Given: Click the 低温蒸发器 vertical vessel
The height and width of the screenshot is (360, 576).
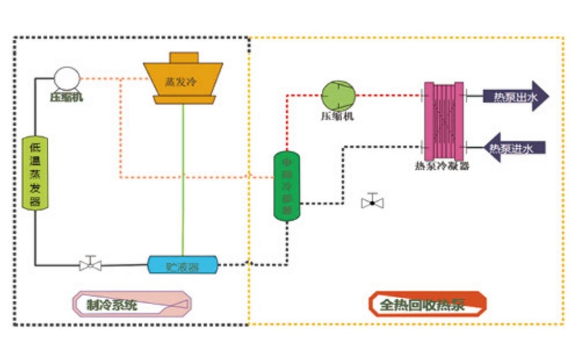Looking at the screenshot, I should tap(35, 172).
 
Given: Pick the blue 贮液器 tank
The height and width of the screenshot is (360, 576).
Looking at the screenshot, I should tap(183, 265).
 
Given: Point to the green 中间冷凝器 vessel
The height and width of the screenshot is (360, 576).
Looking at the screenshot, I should tap(287, 186).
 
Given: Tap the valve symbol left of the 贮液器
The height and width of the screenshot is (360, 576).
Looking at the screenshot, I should tap(91, 264).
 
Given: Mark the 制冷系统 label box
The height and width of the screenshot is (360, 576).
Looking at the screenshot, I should tap(135, 304).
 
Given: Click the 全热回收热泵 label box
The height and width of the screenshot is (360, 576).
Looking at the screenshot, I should tap(428, 304).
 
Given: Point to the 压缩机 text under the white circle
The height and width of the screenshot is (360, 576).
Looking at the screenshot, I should tap(66, 96).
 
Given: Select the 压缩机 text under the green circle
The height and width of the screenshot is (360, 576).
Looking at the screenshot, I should tap(337, 115).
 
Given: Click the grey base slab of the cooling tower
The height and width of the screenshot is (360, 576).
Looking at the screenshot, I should tap(184, 99).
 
